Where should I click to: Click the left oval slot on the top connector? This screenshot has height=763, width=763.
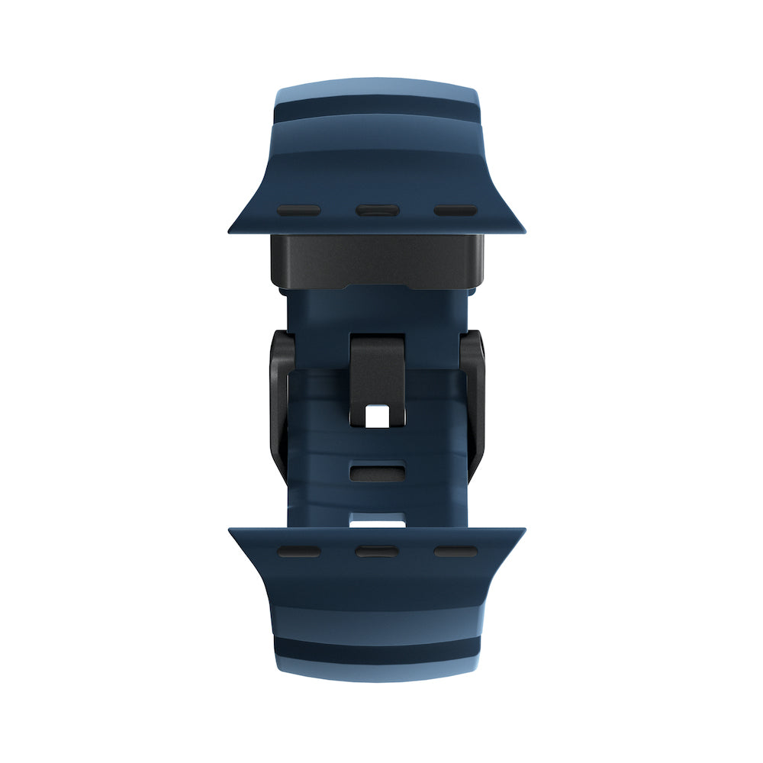click(298, 210)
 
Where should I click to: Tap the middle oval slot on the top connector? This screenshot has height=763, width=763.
click(377, 210)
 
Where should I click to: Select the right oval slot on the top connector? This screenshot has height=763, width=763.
click(456, 210)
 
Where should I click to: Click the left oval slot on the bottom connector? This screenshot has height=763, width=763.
click(298, 551)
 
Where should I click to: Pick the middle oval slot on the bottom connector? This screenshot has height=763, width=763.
click(377, 551)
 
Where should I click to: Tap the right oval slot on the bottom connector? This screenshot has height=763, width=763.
click(456, 551)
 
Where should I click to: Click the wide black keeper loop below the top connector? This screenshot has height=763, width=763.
click(377, 261)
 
